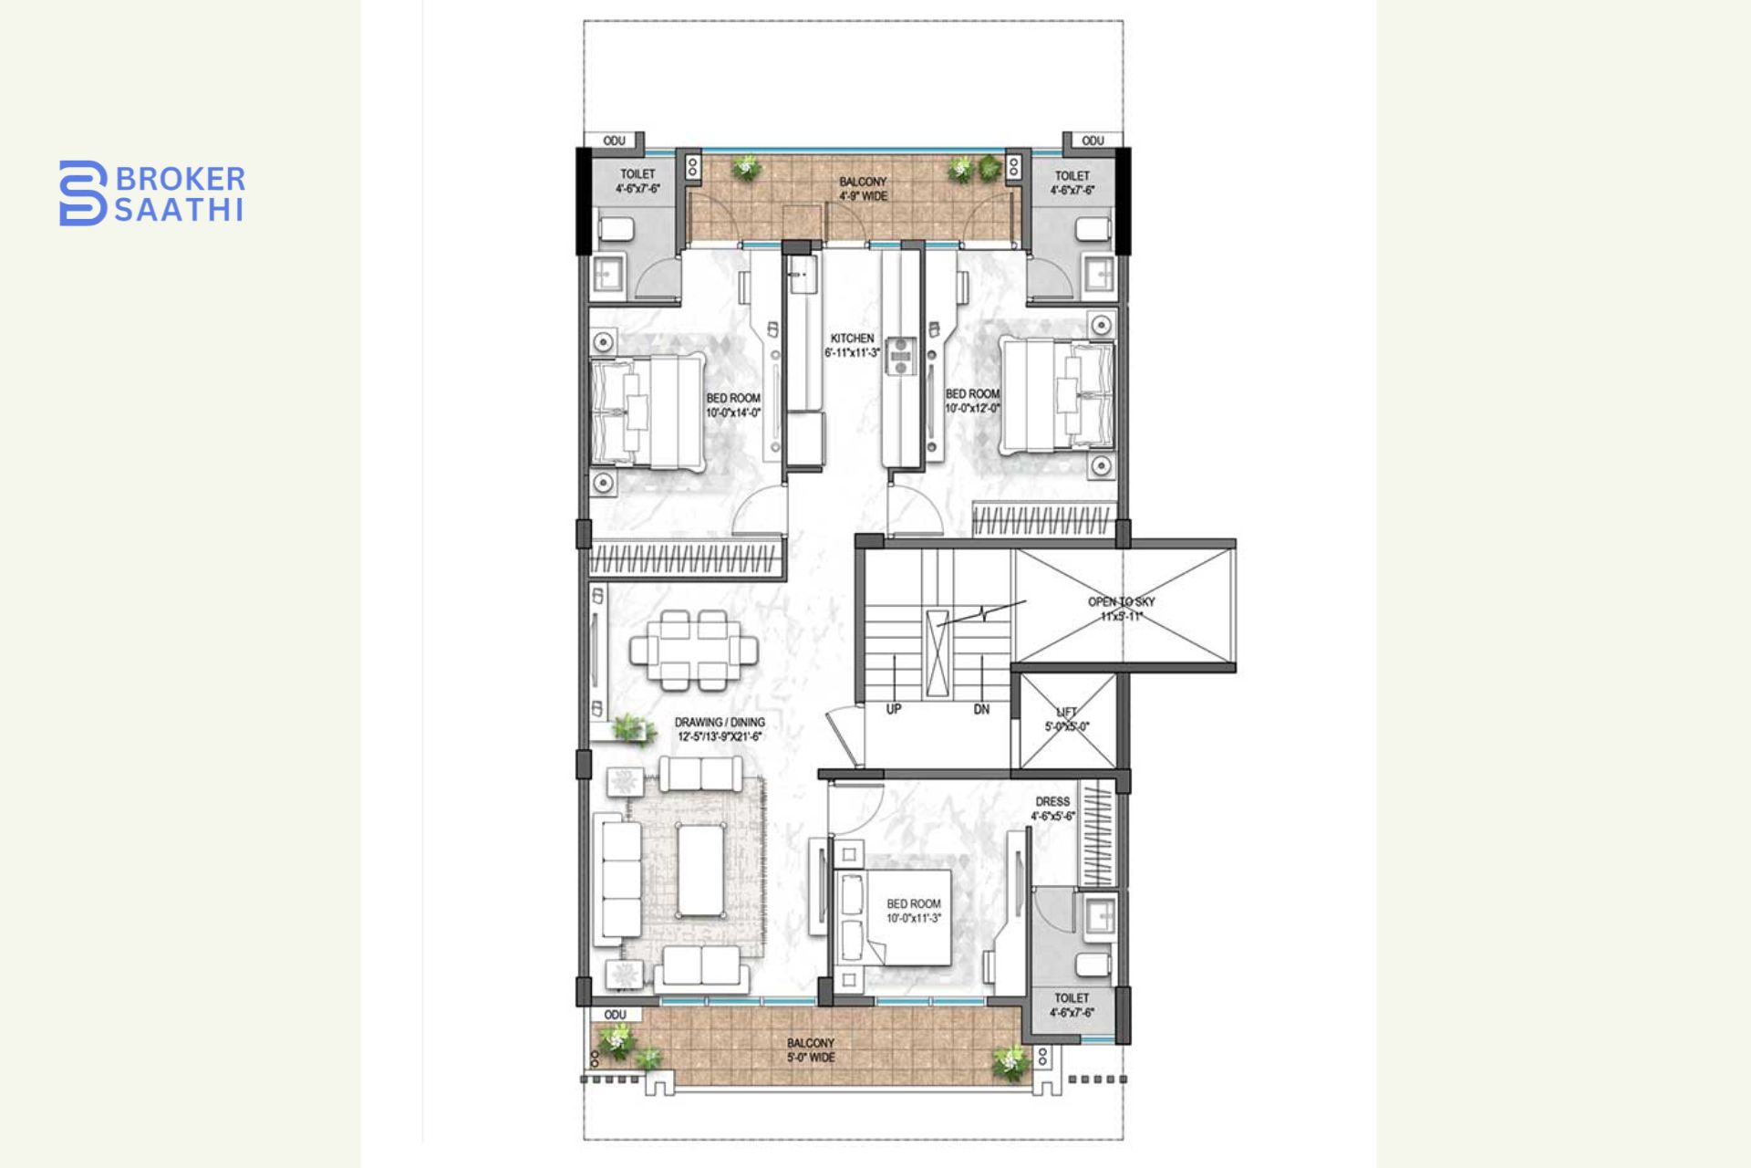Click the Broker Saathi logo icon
pyautogui.click(x=83, y=193)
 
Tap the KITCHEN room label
pyautogui.click(x=852, y=345)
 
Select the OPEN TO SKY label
pyautogui.click(x=1121, y=609)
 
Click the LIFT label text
pyautogui.click(x=1066, y=719)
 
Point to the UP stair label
pyautogui.click(x=894, y=709)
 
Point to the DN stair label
pyautogui.click(x=981, y=709)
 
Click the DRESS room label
pyautogui.click(x=1052, y=808)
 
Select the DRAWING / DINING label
pyautogui.click(x=720, y=728)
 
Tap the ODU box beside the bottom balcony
pyautogui.click(x=616, y=1015)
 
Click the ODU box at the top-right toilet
pyautogui.click(x=1093, y=141)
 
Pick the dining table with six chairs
pyautogui.click(x=693, y=651)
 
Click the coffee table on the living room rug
pyautogui.click(x=699, y=870)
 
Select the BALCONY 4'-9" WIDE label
pyautogui.click(x=863, y=189)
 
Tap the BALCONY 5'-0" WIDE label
pyautogui.click(x=810, y=1049)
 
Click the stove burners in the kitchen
pyautogui.click(x=902, y=356)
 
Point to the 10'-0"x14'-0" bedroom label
pyautogui.click(x=732, y=405)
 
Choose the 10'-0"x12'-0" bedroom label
pyautogui.click(x=972, y=401)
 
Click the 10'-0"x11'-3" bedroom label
pyautogui.click(x=913, y=911)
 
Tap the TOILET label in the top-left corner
pyautogui.click(x=637, y=181)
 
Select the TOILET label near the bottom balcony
pyautogui.click(x=1072, y=1005)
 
